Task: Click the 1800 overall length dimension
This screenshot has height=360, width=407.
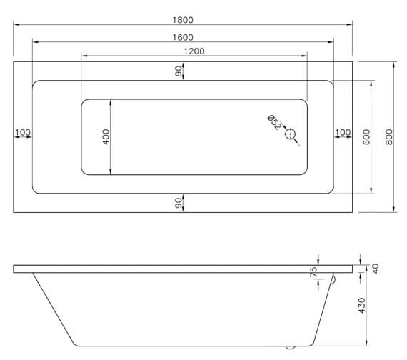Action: point(183,20)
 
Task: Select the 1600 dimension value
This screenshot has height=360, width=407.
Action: point(183,37)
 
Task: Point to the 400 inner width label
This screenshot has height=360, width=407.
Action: point(106,136)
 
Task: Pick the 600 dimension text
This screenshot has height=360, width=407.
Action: point(366,136)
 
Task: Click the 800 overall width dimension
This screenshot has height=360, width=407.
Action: point(389,136)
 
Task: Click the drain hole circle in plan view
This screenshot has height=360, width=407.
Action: point(291,134)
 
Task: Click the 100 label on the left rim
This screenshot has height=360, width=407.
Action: point(22,132)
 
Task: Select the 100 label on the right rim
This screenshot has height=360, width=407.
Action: point(343,132)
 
